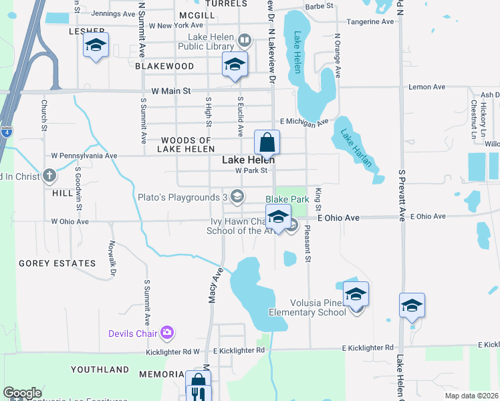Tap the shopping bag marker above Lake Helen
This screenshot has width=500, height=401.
tap(267, 142)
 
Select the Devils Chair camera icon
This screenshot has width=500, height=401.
tap(167, 332)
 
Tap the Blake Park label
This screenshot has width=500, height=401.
tap(287, 199)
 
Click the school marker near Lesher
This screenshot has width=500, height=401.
tap(96, 45)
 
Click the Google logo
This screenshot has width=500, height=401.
tap(22, 393)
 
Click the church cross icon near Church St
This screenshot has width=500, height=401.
tap(49, 176)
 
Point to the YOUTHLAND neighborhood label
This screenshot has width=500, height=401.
tap(100, 370)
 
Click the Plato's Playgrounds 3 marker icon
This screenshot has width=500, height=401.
tap(237, 196)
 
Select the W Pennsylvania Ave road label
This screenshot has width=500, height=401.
tap(84, 156)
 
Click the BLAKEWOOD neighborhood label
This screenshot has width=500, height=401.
tap(164, 66)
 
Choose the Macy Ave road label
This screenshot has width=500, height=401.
tap(215, 286)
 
